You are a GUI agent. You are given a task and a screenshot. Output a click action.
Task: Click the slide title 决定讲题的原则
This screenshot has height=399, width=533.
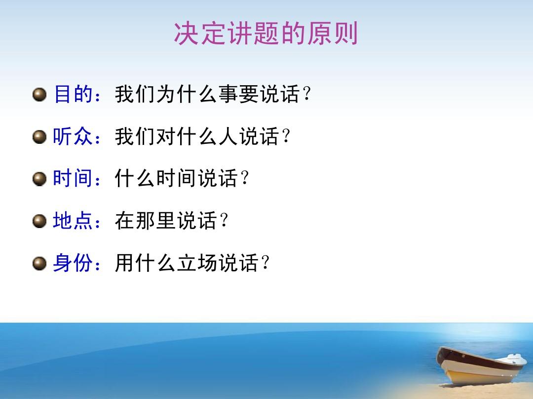pyautogui.click(x=266, y=34)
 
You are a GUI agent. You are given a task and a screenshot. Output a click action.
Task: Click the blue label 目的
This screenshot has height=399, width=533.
pyautogui.click(x=73, y=94)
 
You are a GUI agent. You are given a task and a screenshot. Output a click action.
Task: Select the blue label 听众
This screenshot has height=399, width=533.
pyautogui.click(x=73, y=136)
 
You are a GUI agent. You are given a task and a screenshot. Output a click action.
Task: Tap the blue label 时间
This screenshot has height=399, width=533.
pyautogui.click(x=73, y=179)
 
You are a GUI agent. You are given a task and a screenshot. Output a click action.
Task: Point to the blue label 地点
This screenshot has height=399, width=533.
pyautogui.click(x=73, y=221)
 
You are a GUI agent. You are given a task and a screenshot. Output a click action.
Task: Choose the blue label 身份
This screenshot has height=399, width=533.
pyautogui.click(x=73, y=264)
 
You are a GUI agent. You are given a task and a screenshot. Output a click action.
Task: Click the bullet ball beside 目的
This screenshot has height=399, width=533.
pyautogui.click(x=39, y=94)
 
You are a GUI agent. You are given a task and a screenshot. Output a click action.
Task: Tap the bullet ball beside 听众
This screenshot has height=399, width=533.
pyautogui.click(x=39, y=136)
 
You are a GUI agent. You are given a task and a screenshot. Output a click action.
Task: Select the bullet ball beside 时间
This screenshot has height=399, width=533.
pyautogui.click(x=39, y=179)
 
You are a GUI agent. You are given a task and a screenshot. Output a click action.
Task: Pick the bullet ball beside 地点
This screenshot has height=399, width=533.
pyautogui.click(x=39, y=222)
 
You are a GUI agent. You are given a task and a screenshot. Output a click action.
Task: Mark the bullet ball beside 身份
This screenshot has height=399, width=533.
pyautogui.click(x=39, y=264)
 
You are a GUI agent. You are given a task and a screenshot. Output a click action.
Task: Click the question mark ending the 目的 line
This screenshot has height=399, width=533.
pyautogui.click(x=307, y=95)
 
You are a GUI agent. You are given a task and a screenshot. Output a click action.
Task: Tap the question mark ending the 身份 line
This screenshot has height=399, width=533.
pyautogui.click(x=265, y=264)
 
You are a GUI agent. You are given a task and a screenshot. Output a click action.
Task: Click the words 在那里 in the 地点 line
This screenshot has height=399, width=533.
pyautogui.click(x=145, y=221)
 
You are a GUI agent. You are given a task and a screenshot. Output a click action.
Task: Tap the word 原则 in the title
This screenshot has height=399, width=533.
pyautogui.click(x=338, y=34)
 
